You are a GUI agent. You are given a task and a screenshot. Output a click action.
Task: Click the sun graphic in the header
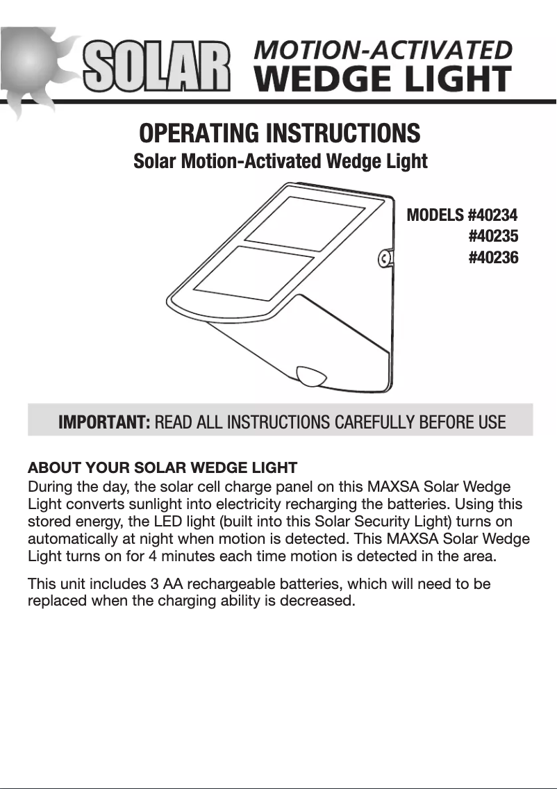pyautogui.click(x=31, y=66)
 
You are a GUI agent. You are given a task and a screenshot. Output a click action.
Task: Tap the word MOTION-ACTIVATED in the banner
pyautogui.click(x=383, y=51)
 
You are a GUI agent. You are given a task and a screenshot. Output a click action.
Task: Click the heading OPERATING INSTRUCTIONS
pyautogui.click(x=280, y=132)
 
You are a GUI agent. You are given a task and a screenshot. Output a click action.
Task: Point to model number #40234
pyautogui.click(x=493, y=215)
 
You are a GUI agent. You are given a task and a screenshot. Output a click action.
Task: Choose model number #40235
pyautogui.click(x=493, y=237)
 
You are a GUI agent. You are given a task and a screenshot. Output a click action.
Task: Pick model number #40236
pyautogui.click(x=493, y=258)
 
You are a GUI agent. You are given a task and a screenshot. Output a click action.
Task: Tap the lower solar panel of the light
pyautogui.click(x=253, y=274)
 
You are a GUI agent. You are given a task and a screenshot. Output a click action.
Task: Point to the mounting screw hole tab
pyautogui.click(x=384, y=260)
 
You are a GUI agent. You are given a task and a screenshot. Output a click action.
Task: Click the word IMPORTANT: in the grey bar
pyautogui.click(x=104, y=422)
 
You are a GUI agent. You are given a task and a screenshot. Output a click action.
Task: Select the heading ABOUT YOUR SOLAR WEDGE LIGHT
pyautogui.click(x=162, y=467)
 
